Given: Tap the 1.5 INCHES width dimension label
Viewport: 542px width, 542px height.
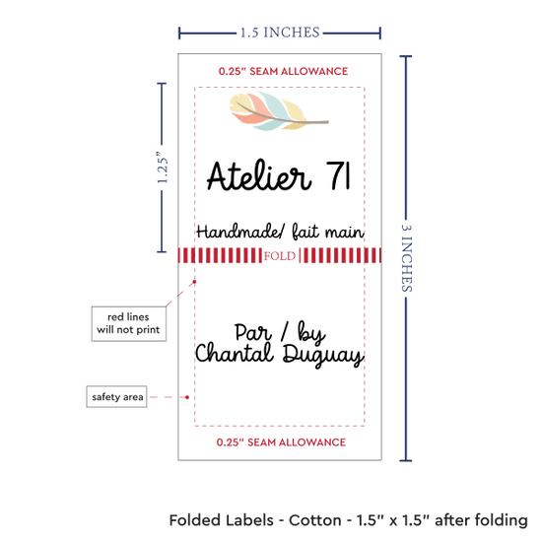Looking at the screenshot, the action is [280, 33].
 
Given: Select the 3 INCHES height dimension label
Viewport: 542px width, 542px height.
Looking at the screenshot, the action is [406, 258].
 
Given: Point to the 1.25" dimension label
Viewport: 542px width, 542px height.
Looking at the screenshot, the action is [162, 168].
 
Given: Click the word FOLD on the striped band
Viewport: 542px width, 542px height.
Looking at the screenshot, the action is [280, 256].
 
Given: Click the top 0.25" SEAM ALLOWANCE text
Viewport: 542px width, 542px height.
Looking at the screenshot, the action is [283, 71].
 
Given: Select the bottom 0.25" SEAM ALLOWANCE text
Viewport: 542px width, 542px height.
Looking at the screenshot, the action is [281, 442].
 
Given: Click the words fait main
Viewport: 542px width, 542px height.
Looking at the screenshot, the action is [328, 232].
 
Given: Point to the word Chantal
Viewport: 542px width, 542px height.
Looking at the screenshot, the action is [235, 353].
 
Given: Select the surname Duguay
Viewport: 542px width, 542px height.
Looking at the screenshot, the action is [323, 356].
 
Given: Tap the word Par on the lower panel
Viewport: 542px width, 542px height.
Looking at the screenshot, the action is [252, 332].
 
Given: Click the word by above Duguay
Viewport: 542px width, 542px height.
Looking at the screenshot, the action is [311, 333].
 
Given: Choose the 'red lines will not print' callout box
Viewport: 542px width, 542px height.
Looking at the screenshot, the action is [128, 323].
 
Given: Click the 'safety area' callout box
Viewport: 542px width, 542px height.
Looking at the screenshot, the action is [117, 396].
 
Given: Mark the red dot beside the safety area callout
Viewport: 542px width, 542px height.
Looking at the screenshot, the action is [187, 397].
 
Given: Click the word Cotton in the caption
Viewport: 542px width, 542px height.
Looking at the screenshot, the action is [315, 520].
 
